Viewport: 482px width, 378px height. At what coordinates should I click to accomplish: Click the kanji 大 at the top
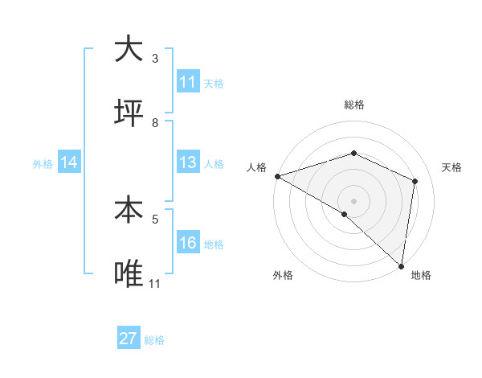click(x=129, y=50)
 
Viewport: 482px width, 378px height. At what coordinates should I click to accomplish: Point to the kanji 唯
click(x=129, y=274)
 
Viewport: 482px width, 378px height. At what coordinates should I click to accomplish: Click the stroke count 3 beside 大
click(x=155, y=59)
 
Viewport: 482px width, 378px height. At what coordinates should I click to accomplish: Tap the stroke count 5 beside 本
click(x=155, y=218)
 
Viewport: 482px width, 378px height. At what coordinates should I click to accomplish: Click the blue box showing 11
click(x=188, y=82)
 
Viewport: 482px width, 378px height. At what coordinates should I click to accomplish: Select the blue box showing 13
click(x=188, y=163)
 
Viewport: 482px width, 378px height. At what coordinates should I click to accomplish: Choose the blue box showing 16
click(x=188, y=244)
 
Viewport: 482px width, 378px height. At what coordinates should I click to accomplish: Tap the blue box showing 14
click(x=69, y=163)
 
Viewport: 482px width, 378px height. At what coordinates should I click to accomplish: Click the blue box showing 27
click(x=129, y=339)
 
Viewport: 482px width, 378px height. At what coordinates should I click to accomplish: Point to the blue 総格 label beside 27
click(x=155, y=340)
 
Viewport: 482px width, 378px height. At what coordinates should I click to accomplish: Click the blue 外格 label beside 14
click(x=43, y=164)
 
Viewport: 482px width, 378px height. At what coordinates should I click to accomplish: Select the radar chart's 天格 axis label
click(x=451, y=167)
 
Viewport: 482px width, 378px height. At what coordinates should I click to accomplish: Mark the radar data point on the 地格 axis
click(x=402, y=265)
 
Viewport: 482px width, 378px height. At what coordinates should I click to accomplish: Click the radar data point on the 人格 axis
click(x=277, y=176)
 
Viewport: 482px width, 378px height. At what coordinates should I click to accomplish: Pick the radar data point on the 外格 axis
click(x=345, y=214)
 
